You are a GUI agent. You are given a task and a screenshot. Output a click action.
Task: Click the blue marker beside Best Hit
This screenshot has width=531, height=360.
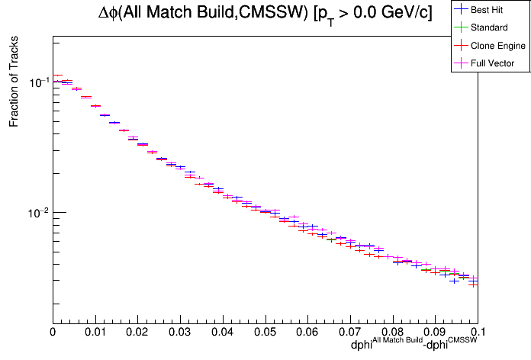tap(461, 9)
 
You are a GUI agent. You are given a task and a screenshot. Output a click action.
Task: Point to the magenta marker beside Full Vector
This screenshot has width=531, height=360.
tap(461, 63)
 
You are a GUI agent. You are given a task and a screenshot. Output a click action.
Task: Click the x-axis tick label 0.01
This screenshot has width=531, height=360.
tap(95, 332)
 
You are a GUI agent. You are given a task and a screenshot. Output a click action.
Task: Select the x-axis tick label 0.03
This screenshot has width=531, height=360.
tap(180, 332)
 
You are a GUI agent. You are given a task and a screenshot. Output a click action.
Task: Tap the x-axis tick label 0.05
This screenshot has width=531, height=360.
tap(265, 332)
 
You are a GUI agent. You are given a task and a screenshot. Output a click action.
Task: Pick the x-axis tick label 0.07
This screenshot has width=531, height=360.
tap(350, 332)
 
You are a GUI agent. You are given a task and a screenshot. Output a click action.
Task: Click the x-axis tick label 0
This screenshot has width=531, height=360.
tap(53, 332)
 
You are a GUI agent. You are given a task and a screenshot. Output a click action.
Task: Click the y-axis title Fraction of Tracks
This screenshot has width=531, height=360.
tap(14, 84)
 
